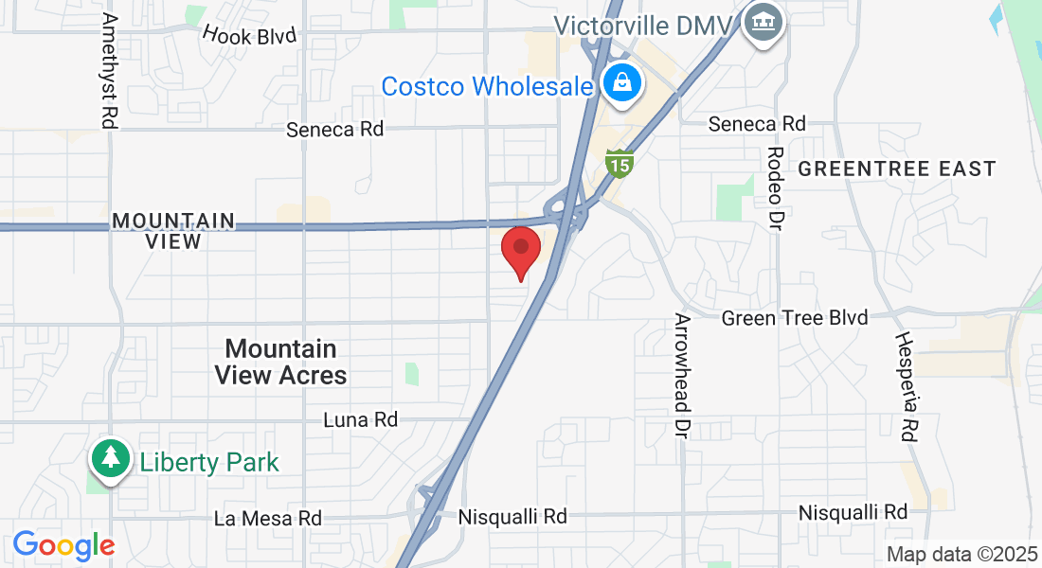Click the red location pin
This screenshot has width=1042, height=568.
(x=520, y=249)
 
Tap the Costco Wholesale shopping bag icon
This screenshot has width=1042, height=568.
(x=621, y=82)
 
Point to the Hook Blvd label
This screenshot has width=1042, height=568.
(x=249, y=36)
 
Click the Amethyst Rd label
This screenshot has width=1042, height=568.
(x=109, y=71)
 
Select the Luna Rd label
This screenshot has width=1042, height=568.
(x=360, y=418)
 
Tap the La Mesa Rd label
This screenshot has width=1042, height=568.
(x=267, y=518)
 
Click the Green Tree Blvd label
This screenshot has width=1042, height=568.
(x=794, y=318)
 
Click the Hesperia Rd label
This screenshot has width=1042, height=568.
(x=907, y=386)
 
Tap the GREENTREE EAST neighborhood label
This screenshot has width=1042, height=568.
(x=896, y=169)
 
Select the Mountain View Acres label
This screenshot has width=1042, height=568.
(x=280, y=363)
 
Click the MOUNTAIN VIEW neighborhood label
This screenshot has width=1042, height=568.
(x=173, y=230)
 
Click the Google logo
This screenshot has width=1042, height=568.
(x=63, y=545)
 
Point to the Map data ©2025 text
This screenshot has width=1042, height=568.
(x=961, y=555)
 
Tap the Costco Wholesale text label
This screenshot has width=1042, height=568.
(x=487, y=86)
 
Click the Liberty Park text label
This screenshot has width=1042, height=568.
(x=209, y=463)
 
